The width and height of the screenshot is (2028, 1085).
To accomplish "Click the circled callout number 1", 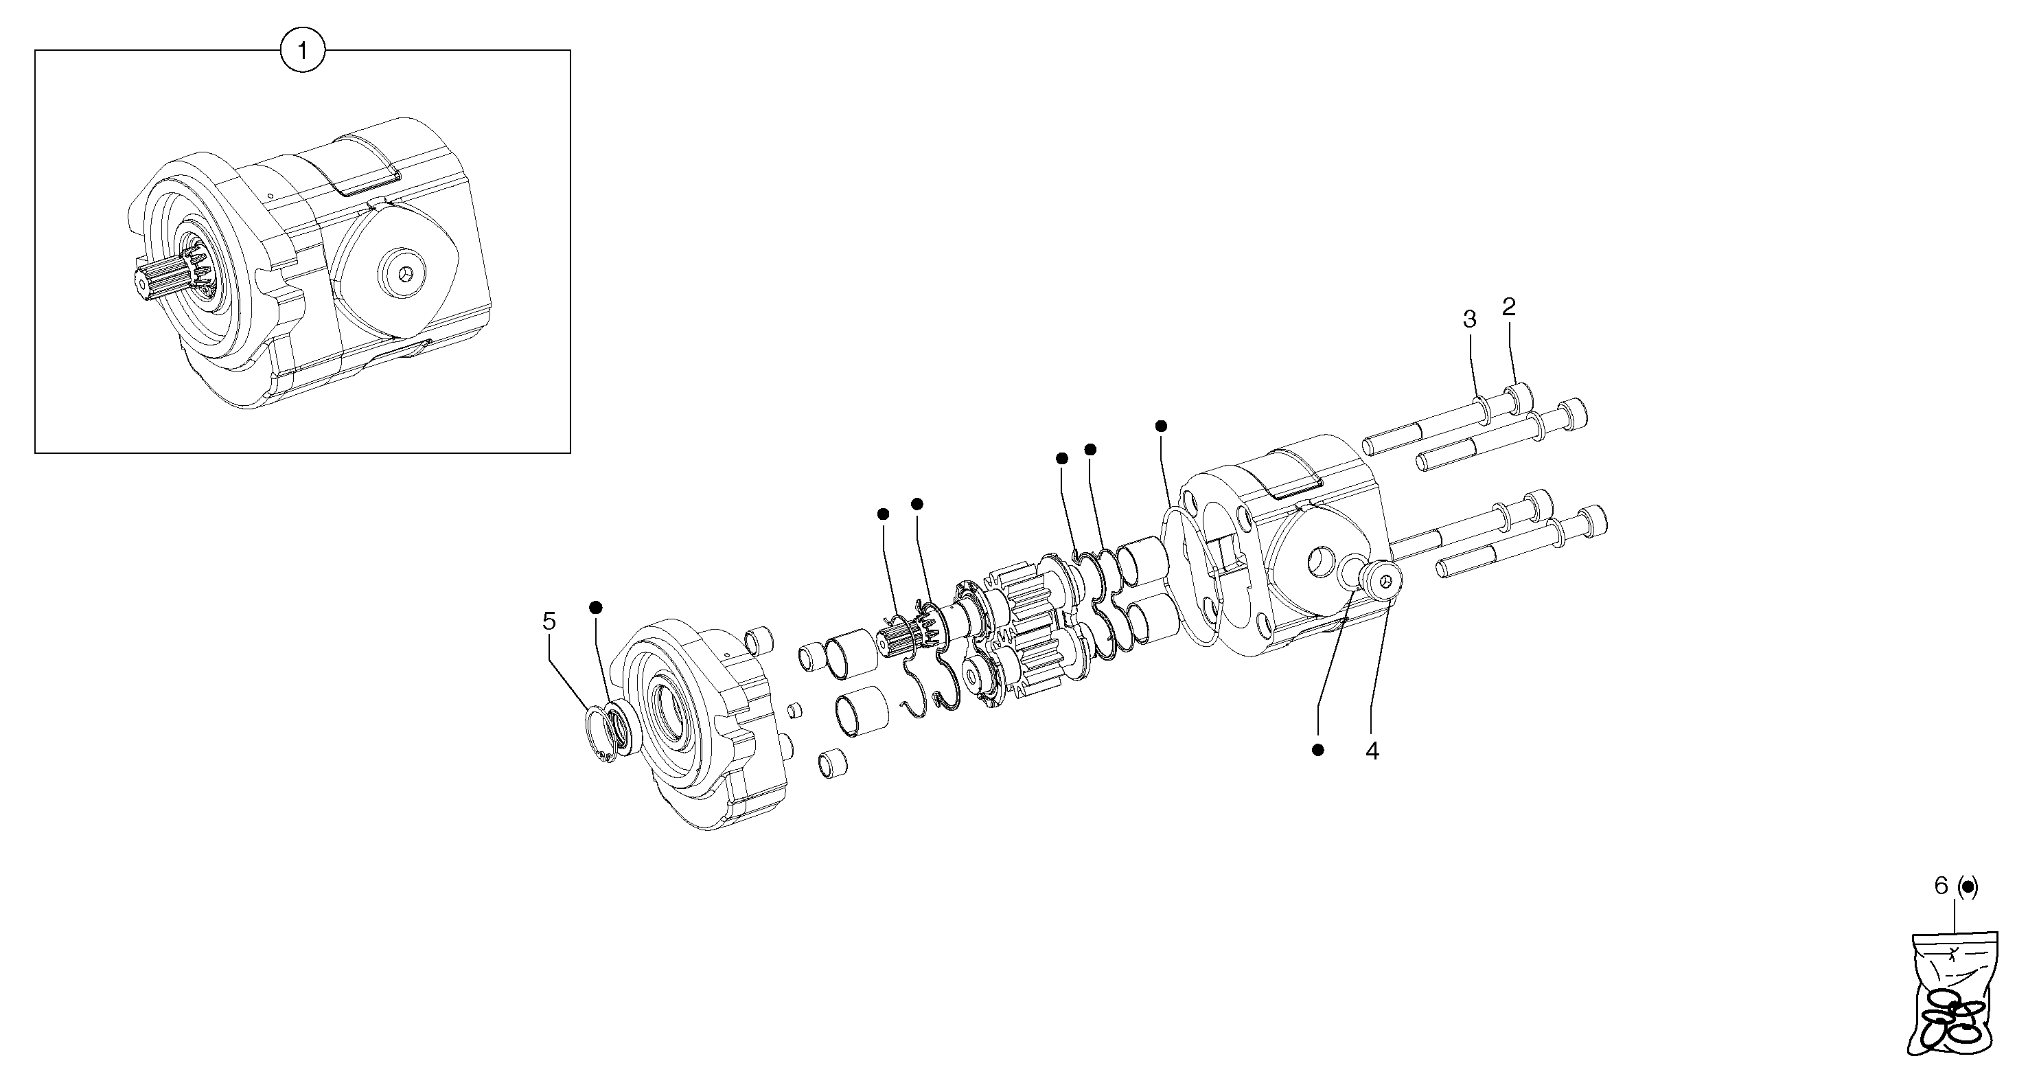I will [303, 52].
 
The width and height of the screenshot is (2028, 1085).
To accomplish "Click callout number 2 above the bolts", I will [1508, 307].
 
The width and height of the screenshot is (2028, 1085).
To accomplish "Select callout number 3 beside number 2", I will [1469, 320].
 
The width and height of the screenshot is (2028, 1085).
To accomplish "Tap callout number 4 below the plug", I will [1372, 752].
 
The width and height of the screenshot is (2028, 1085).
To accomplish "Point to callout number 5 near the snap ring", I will [549, 621].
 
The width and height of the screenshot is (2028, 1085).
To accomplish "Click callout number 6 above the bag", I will [1941, 886].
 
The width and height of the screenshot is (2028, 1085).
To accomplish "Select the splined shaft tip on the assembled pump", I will [157, 284].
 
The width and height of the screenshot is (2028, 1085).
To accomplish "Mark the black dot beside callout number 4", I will [1318, 750].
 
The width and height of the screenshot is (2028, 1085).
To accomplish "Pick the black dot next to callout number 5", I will [596, 607].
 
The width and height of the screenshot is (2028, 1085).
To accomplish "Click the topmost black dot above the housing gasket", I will [1160, 426].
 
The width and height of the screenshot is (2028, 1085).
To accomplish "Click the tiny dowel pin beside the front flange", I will [795, 710].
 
